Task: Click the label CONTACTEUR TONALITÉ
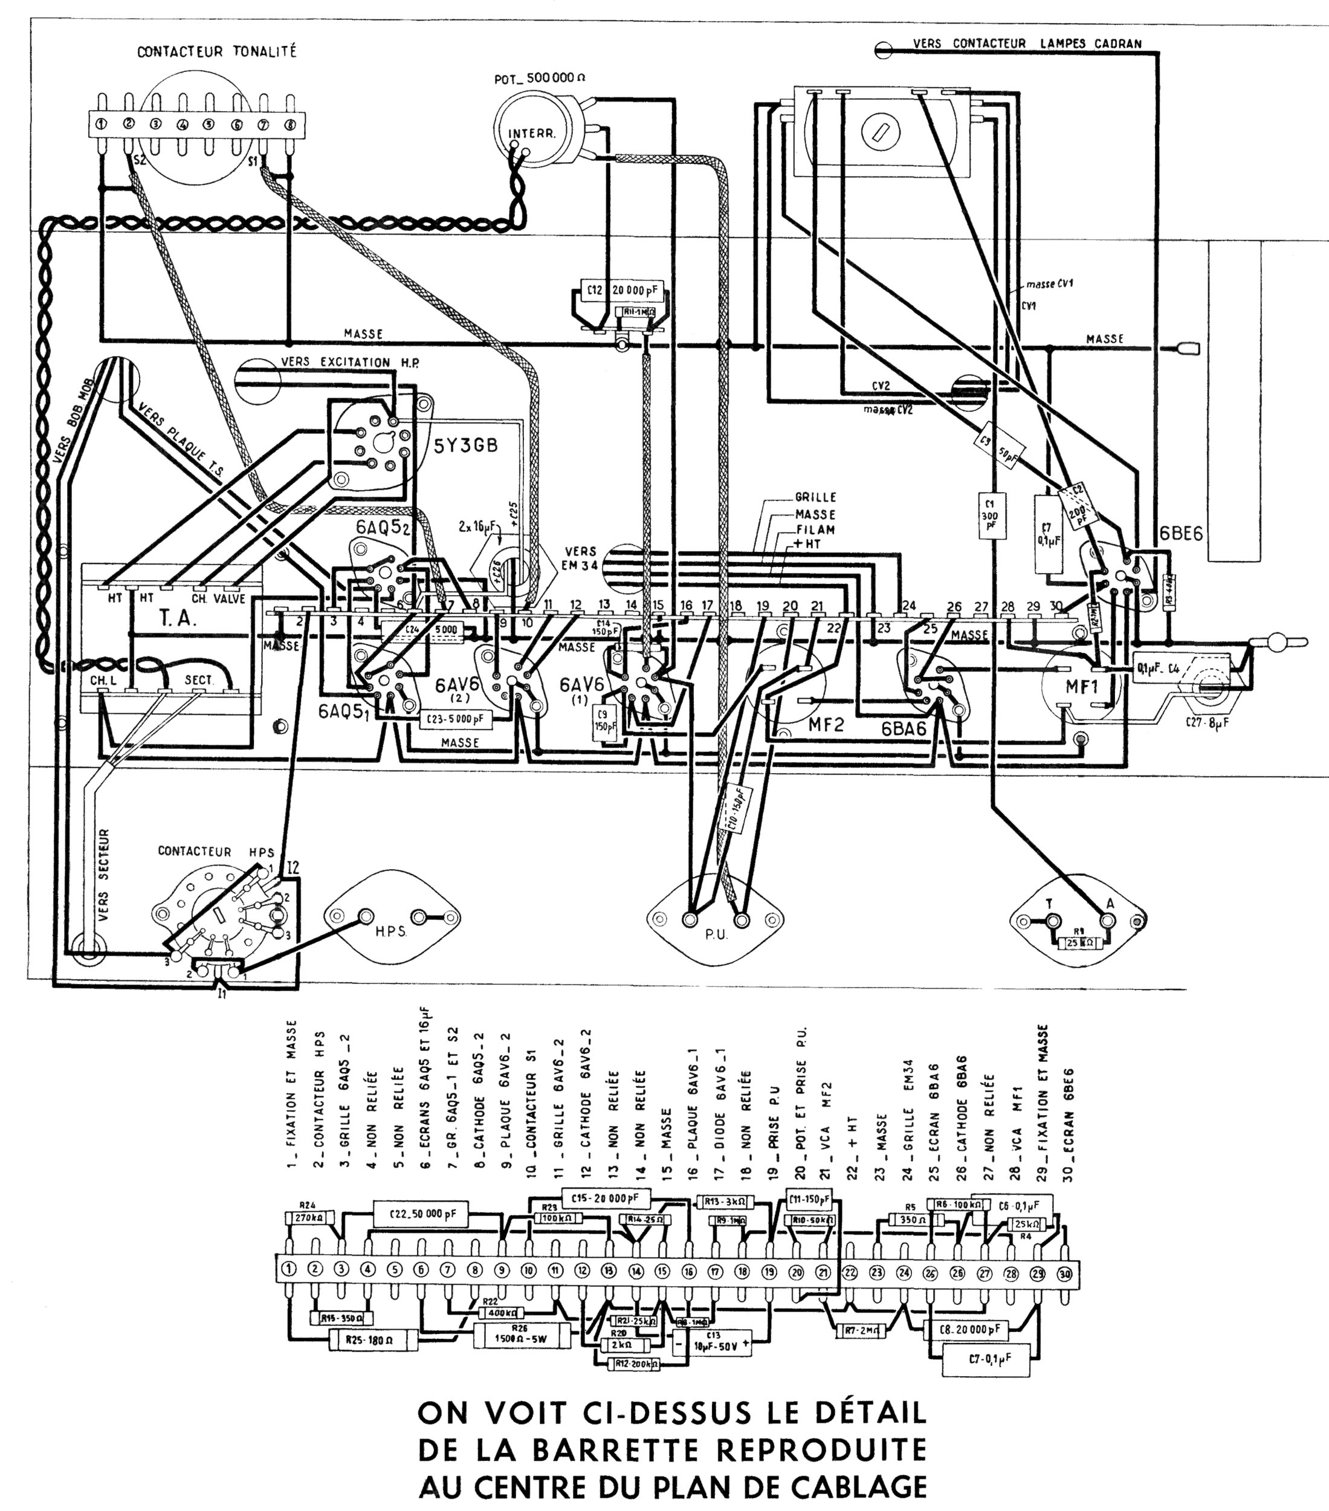click(216, 52)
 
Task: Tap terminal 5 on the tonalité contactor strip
click(210, 124)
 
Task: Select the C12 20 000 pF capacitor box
click(619, 291)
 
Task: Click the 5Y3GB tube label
click(466, 445)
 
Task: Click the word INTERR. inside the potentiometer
click(531, 134)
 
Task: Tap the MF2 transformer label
click(826, 725)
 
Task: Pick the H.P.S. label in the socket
click(391, 931)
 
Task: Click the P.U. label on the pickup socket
click(716, 934)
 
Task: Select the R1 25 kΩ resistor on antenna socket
click(1080, 943)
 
